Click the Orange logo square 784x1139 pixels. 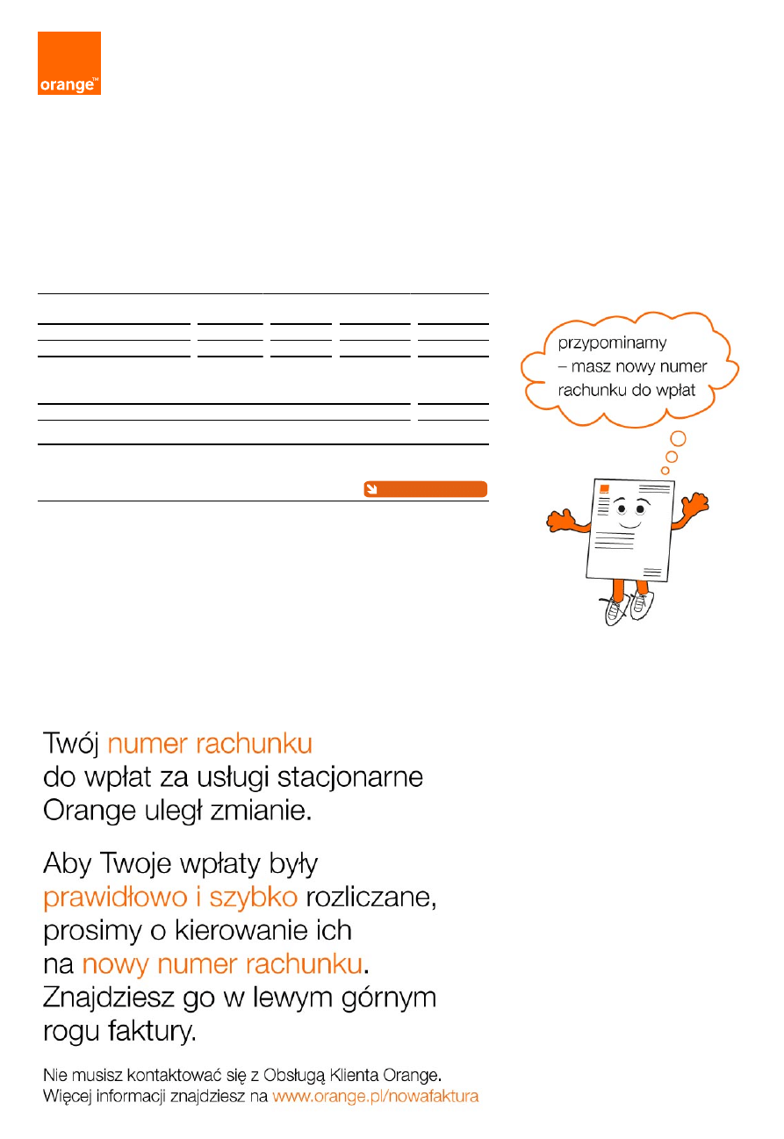coord(69,63)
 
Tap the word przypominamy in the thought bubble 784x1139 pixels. coord(612,343)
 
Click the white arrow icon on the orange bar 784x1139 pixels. coord(371,489)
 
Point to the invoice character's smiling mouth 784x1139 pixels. coord(629,524)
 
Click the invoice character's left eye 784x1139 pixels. coord(621,508)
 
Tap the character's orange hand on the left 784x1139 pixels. coord(559,521)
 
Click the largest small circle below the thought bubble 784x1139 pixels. coord(678,438)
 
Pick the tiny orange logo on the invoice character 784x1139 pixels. coord(604,489)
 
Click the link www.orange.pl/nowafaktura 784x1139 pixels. coord(375,1096)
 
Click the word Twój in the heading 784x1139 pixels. coord(70,744)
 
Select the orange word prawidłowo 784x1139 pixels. coord(115,897)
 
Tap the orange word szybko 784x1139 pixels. coord(253,897)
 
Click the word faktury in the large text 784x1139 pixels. coord(152,1031)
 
